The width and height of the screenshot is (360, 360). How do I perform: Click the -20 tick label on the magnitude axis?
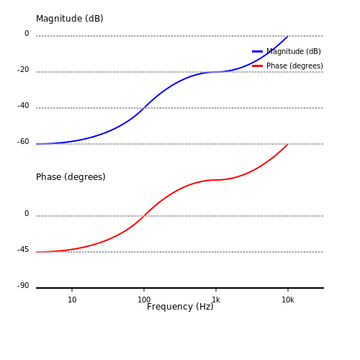point(23,70)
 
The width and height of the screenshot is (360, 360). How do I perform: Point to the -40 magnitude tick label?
point(23,106)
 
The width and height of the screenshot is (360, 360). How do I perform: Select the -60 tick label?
point(23,142)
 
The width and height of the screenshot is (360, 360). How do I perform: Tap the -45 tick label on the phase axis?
point(23,250)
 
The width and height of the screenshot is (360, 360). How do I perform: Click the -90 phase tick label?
point(23,286)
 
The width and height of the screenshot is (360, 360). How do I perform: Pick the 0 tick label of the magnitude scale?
point(27,34)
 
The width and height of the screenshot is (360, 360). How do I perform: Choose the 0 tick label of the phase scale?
point(27,214)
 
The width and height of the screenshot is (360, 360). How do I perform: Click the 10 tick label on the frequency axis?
point(72,300)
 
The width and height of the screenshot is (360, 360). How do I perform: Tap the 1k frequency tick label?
point(216,300)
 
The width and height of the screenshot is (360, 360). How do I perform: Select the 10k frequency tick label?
point(288,300)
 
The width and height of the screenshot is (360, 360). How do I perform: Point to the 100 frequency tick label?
point(144,300)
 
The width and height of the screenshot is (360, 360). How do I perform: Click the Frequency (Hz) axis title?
point(180,307)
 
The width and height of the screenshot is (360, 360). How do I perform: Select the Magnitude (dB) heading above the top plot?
point(70,19)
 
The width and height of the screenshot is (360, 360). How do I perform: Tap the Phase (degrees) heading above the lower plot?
point(71,177)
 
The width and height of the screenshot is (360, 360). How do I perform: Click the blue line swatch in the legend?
point(257,51)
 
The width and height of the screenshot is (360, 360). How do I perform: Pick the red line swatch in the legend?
point(257,66)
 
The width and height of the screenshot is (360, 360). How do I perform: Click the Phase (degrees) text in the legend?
point(294,66)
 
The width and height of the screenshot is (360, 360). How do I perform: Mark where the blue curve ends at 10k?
point(288,36)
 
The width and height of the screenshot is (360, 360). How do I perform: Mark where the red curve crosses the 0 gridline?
point(144,216)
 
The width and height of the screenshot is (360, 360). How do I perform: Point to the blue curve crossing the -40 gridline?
point(144,108)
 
